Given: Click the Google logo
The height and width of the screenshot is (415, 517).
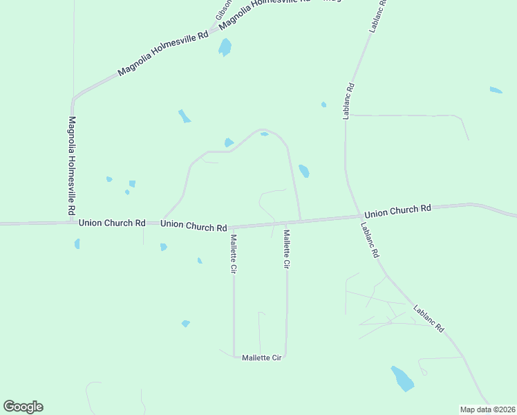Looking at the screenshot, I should point(23,407).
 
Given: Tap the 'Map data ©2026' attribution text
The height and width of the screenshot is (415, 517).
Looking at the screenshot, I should point(487,409).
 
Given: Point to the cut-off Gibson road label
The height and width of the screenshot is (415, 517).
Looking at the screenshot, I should point(223,8).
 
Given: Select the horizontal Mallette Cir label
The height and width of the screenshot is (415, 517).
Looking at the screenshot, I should point(262,358).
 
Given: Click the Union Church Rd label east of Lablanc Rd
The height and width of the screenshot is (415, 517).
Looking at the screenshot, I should point(397,210).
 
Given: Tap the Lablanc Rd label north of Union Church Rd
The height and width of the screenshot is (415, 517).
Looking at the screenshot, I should point(349,102).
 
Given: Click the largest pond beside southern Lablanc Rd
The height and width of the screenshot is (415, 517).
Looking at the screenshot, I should point(402,378).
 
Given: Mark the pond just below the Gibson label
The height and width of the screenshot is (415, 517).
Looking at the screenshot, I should point(225,47).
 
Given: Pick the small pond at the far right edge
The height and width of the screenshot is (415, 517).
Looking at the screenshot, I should point(496,90).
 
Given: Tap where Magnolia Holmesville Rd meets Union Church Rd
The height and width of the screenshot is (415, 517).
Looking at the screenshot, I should point(72,223).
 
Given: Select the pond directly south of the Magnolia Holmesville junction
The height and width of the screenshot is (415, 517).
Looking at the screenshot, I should point(77,243).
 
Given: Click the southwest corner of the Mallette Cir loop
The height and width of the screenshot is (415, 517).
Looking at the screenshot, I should point(234,356).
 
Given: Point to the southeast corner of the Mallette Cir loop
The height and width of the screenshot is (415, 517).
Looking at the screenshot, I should point(285,356).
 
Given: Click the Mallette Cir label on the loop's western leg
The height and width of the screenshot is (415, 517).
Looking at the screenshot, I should point(234,254).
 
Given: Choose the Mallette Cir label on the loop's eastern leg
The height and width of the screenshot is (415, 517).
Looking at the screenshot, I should point(286,249).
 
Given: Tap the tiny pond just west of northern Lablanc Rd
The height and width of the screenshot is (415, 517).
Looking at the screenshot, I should point(323,104).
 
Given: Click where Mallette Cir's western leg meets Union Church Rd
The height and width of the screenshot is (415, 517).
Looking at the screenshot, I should point(233,226).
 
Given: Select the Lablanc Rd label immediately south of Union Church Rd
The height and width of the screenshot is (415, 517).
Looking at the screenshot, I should point(370,239).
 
